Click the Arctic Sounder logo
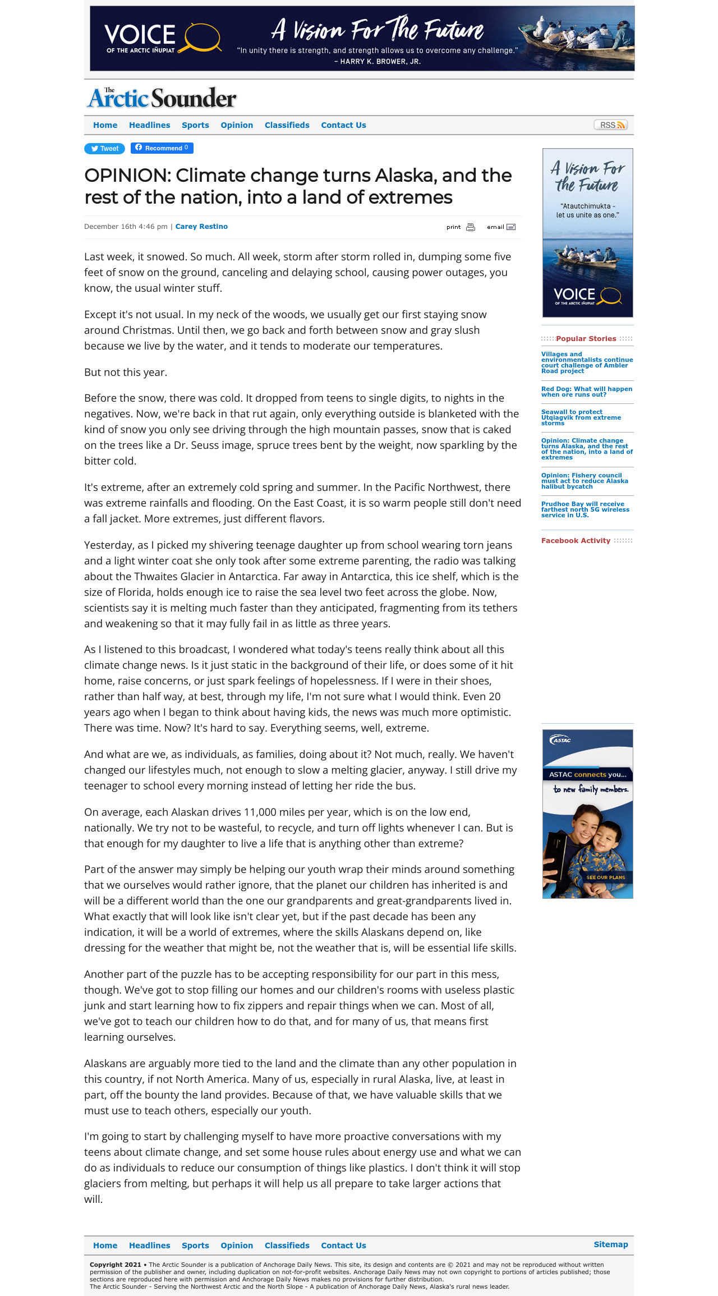[x=162, y=98]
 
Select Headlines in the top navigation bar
[x=149, y=125]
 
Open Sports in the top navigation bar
[x=195, y=125]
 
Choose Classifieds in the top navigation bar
[x=287, y=125]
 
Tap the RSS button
[x=610, y=125]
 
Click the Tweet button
[x=105, y=149]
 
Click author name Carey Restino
[x=201, y=227]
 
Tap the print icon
[x=471, y=227]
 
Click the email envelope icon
[x=511, y=227]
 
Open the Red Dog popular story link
[x=586, y=392]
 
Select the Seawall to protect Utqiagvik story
[x=581, y=417]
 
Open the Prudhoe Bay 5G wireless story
[x=585, y=509]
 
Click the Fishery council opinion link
[x=584, y=481]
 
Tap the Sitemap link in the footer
[x=610, y=1244]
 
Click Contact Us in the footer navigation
[x=343, y=1246]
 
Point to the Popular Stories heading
[x=586, y=339]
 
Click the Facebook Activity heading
[x=576, y=541]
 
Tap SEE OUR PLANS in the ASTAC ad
[x=605, y=877]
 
